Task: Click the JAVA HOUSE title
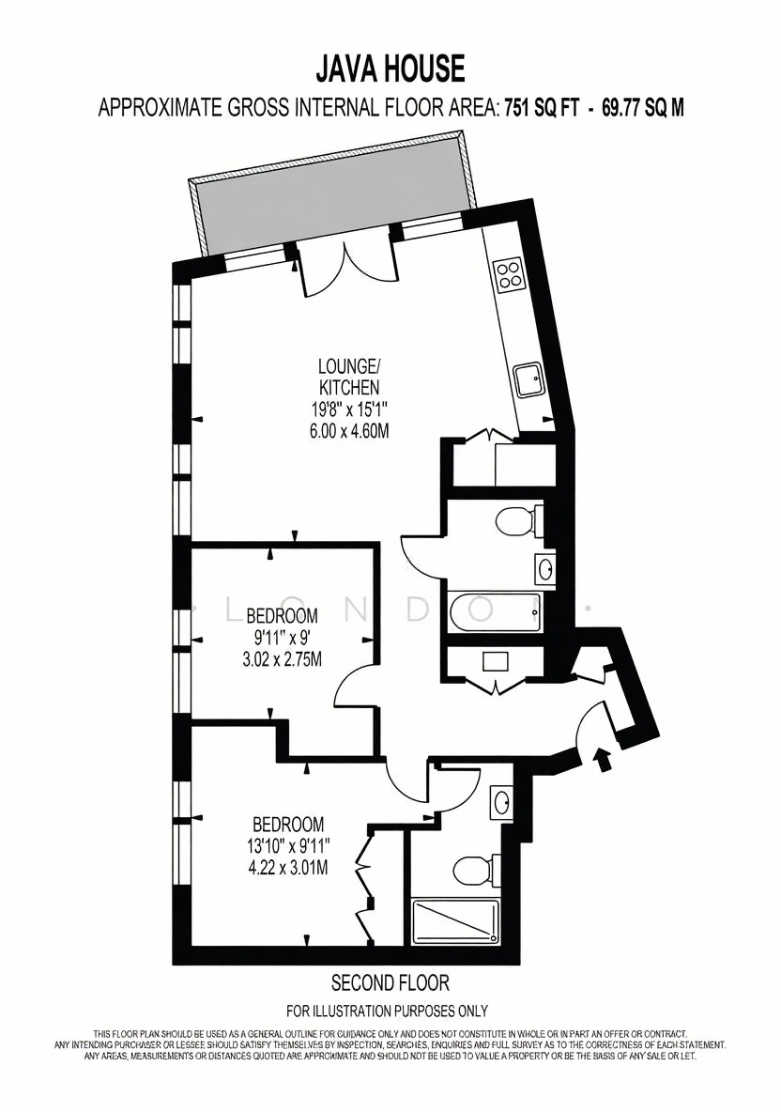[x=390, y=69]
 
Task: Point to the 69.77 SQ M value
[x=642, y=108]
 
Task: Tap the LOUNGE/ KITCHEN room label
[x=348, y=377]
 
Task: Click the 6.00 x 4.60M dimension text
[x=348, y=430]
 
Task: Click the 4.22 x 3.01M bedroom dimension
[x=288, y=867]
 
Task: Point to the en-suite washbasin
[x=502, y=804]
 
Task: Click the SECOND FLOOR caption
[x=390, y=982]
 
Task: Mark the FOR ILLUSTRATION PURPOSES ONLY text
[x=387, y=1011]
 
